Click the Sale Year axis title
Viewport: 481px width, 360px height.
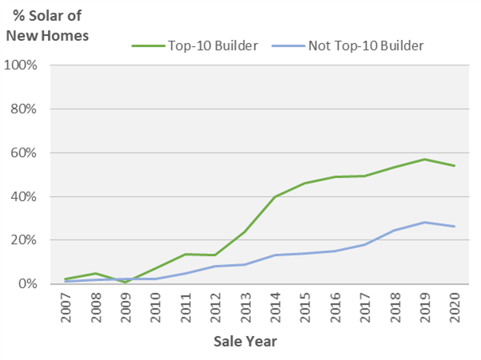coord(245,342)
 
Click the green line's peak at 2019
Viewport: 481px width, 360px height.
coord(425,159)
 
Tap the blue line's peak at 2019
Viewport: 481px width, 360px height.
coord(425,222)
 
